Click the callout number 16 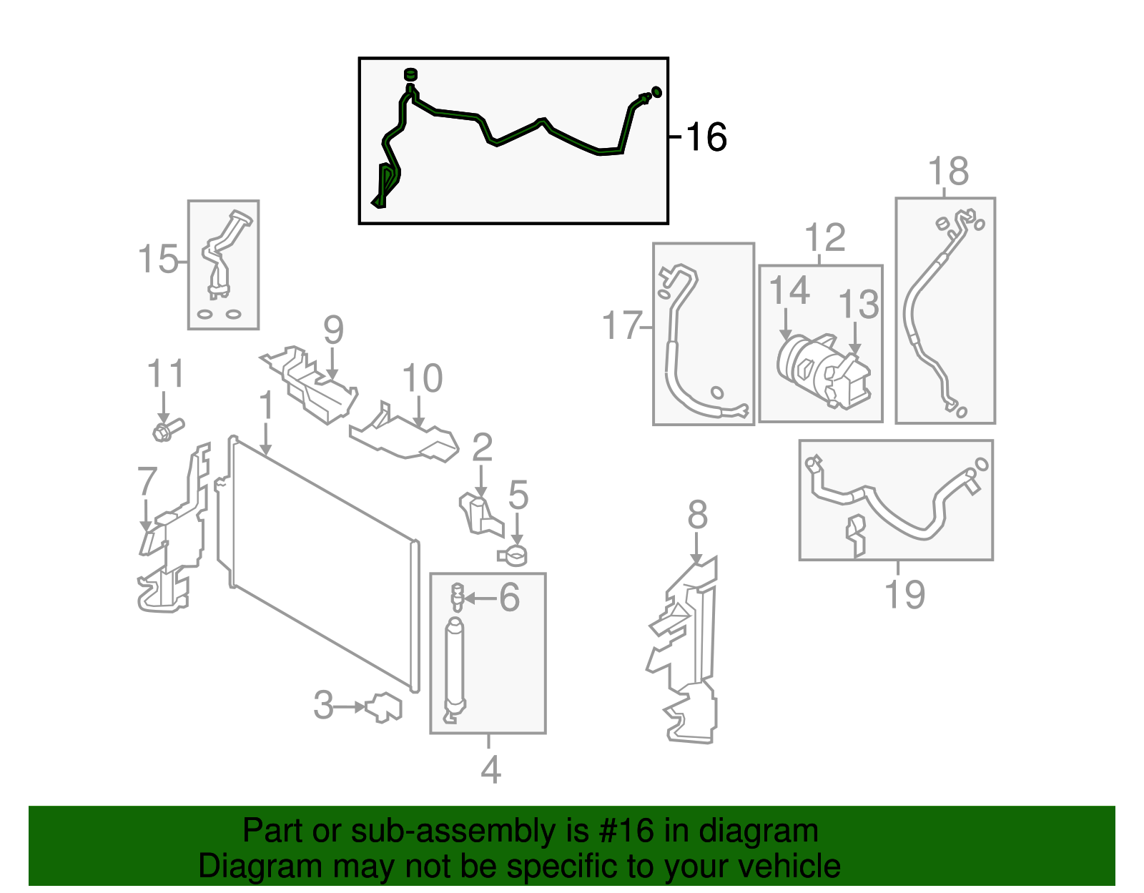(x=706, y=137)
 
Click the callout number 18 (x=948, y=172)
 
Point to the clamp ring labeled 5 (x=513, y=554)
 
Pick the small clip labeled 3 (x=384, y=707)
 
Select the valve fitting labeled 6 (x=458, y=597)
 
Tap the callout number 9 (x=333, y=330)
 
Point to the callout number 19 (x=904, y=595)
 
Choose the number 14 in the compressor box (x=789, y=291)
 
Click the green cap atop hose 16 (x=410, y=74)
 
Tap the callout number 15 (x=157, y=259)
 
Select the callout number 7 (x=147, y=481)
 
